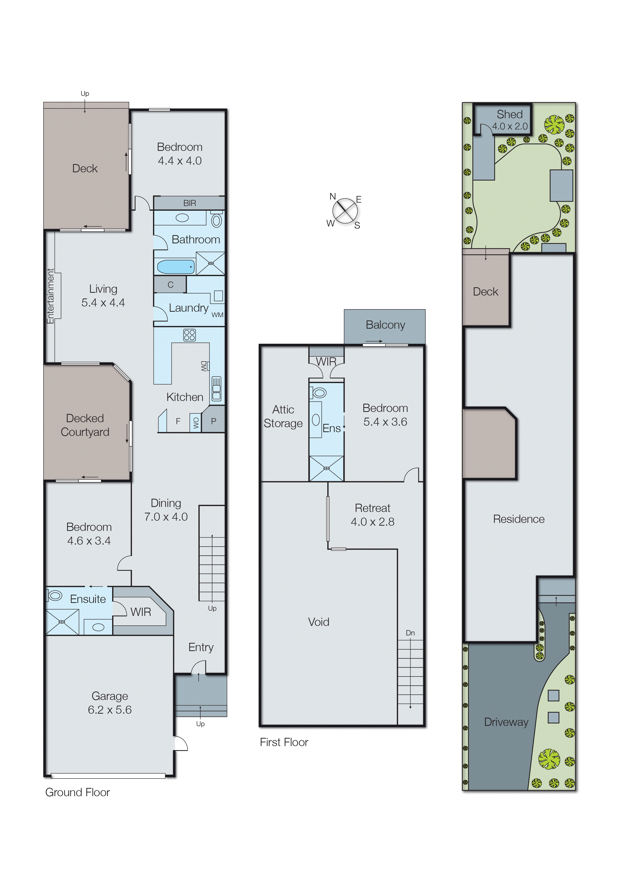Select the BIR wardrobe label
click(189, 203)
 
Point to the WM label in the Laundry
click(217, 315)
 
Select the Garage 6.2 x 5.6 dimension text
click(110, 710)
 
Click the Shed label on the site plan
click(510, 114)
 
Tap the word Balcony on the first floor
click(385, 325)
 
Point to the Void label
click(318, 622)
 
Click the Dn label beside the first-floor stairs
click(410, 633)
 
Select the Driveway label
click(506, 722)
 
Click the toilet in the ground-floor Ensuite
click(55, 596)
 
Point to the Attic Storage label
click(283, 416)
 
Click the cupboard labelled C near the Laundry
click(170, 285)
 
